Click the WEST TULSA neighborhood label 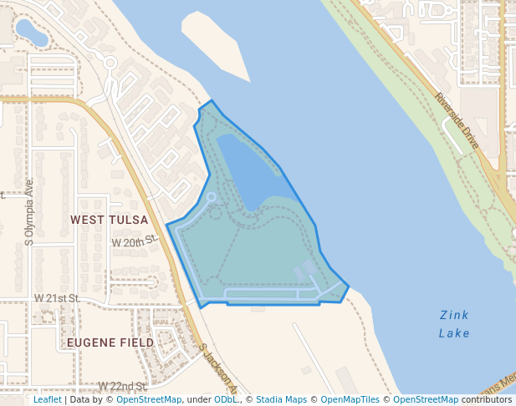pyautogui.click(x=109, y=220)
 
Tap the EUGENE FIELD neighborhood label pyautogui.click(x=110, y=343)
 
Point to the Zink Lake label pyautogui.click(x=454, y=324)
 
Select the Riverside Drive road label pyautogui.click(x=457, y=121)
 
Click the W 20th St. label pyautogui.click(x=135, y=241)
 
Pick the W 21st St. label pyautogui.click(x=57, y=298)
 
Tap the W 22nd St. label pyautogui.click(x=122, y=386)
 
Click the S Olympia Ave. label pyautogui.click(x=29, y=211)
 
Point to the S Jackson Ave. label pyautogui.click(x=219, y=367)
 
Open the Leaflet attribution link pyautogui.click(x=47, y=399)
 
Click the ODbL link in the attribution pyautogui.click(x=225, y=399)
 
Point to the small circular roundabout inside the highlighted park pyautogui.click(x=212, y=197)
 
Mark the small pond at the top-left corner pyautogui.click(x=32, y=33)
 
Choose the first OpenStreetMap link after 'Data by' pyautogui.click(x=149, y=399)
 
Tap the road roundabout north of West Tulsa pyautogui.click(x=110, y=62)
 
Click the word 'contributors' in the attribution pyautogui.click(x=487, y=399)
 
